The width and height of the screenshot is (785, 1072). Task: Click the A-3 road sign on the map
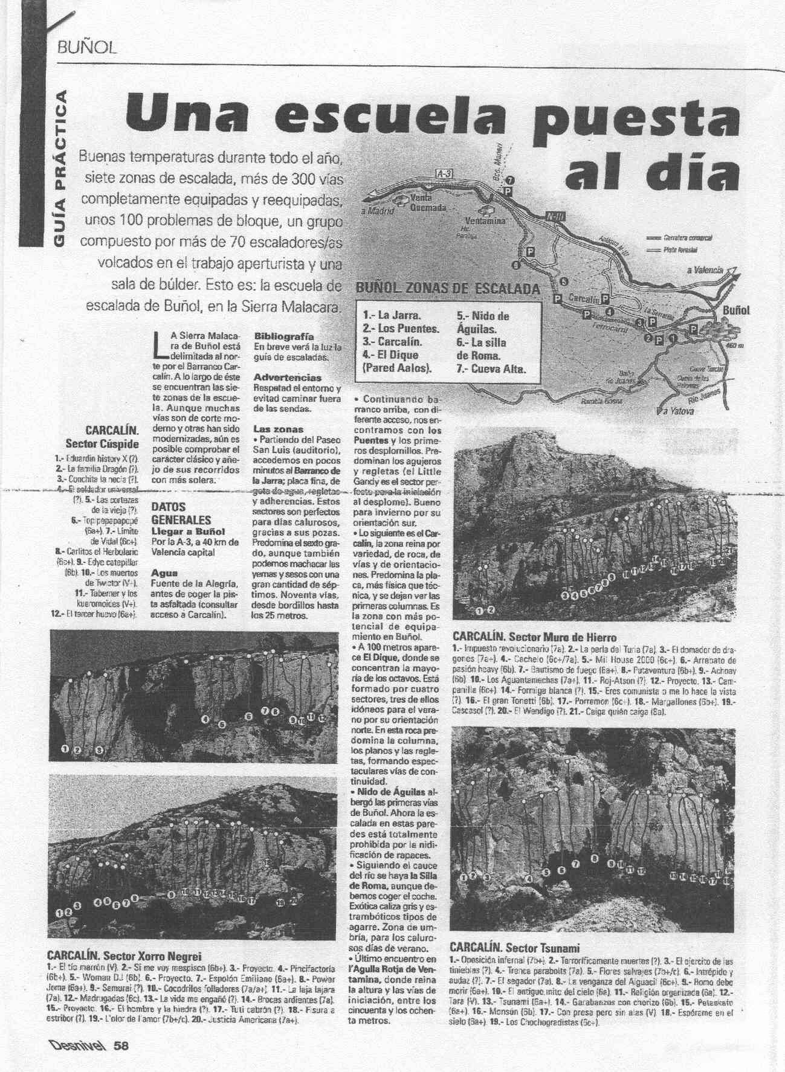444,174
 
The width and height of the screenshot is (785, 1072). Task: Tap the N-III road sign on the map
554,216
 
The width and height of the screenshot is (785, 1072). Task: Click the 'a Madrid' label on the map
377,211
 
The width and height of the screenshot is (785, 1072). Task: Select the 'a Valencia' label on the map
705,270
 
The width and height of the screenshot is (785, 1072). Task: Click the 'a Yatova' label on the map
677,411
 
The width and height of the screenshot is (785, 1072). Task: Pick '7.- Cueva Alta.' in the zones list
490,368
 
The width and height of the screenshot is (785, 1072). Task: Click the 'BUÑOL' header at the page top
85,47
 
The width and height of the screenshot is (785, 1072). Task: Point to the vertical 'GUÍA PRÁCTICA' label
60,169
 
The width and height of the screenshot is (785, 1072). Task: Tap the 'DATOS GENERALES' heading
181,513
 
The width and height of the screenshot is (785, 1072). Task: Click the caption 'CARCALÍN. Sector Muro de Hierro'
534,637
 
